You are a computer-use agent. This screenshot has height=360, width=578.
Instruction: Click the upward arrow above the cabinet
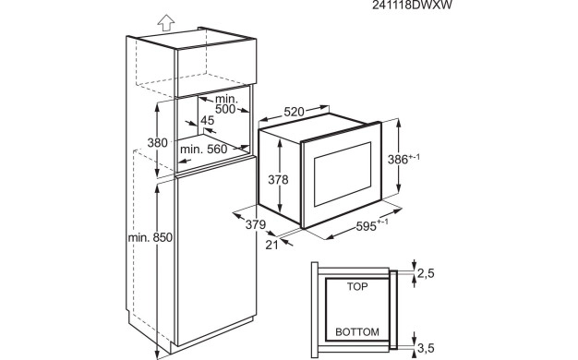tap(166, 22)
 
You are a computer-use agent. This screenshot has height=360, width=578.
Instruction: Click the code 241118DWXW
tap(412, 6)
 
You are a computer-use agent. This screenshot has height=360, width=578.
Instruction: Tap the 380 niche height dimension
tap(157, 142)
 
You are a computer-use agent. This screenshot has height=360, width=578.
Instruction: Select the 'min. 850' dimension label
tap(150, 237)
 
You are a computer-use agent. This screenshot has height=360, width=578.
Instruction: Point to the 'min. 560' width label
tap(204, 150)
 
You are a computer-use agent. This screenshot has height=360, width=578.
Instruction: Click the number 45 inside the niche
tap(207, 121)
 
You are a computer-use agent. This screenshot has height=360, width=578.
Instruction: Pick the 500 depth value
tap(225, 109)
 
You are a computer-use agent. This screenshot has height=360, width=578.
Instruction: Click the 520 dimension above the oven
tap(294, 112)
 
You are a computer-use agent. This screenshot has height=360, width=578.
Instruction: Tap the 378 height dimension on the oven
tap(278, 180)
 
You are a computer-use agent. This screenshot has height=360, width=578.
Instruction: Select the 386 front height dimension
tap(398, 159)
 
